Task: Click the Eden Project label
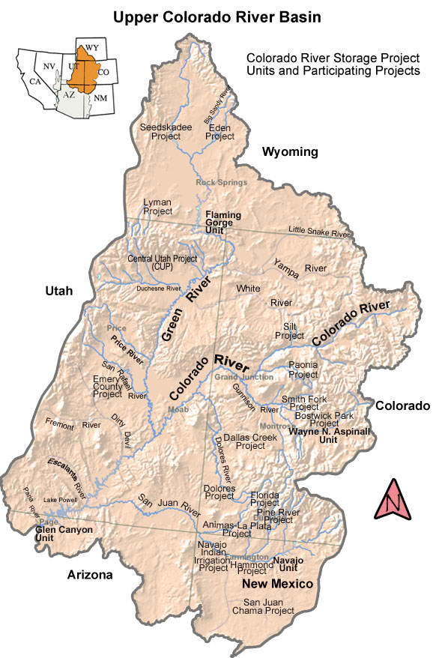220,132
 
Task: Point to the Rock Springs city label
221,181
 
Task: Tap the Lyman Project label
158,207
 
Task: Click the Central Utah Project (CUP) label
163,262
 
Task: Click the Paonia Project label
303,369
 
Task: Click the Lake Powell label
61,499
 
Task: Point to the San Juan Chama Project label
268,606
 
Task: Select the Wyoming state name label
290,152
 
